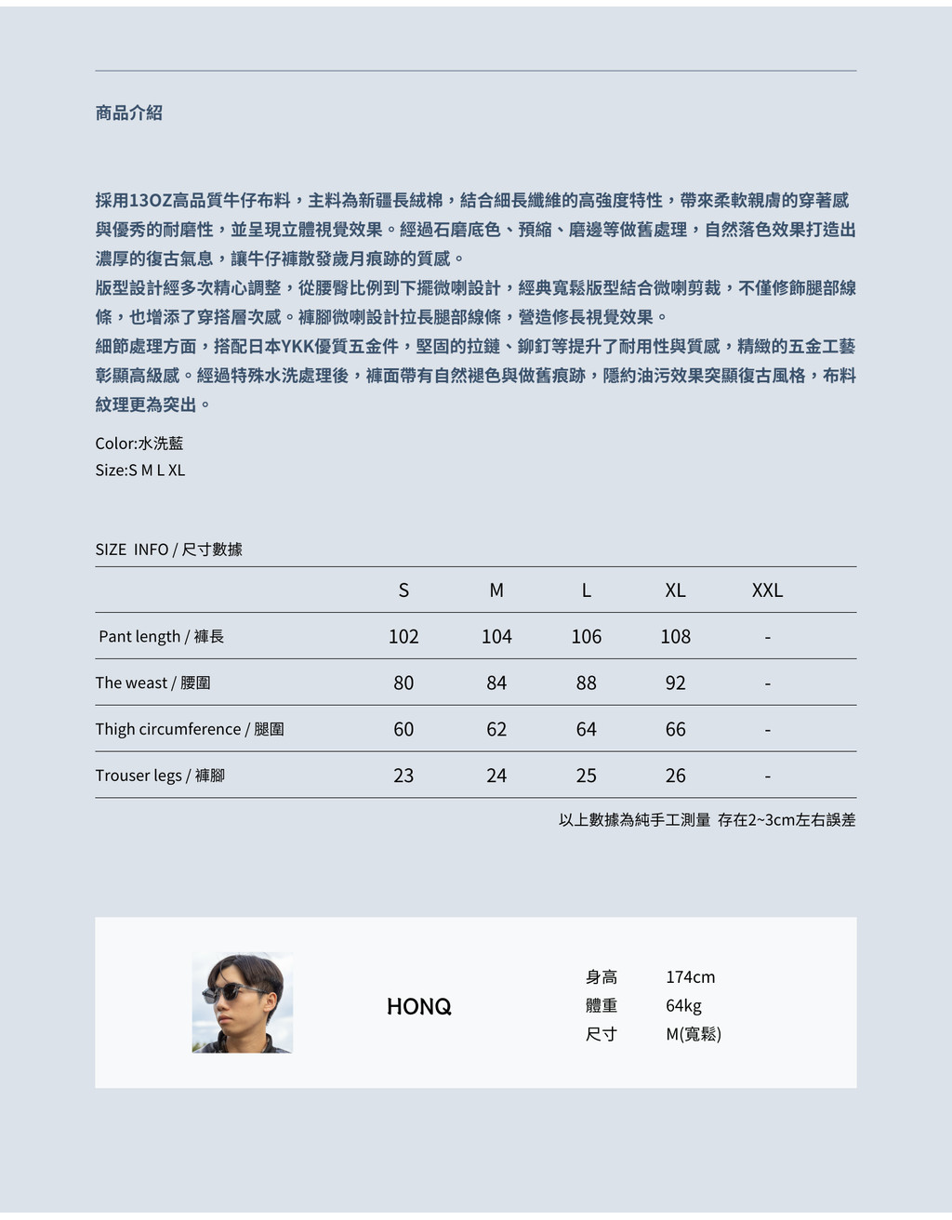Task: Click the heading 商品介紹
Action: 128,113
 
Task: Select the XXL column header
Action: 767,590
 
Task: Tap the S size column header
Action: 403,590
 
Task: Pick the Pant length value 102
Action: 403,637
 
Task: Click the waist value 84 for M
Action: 496,683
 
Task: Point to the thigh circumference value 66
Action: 675,730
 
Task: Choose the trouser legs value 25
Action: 586,776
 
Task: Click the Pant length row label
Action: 161,637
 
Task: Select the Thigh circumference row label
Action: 190,730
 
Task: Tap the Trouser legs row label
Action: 160,776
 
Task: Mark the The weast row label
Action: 152,683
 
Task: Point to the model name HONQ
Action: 418,1007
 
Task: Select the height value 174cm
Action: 690,977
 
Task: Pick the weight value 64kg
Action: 683,1006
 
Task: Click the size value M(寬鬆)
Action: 694,1034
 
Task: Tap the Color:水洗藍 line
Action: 139,444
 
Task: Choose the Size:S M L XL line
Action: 140,471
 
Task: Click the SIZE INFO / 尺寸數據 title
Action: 168,550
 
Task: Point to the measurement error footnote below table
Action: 707,820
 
